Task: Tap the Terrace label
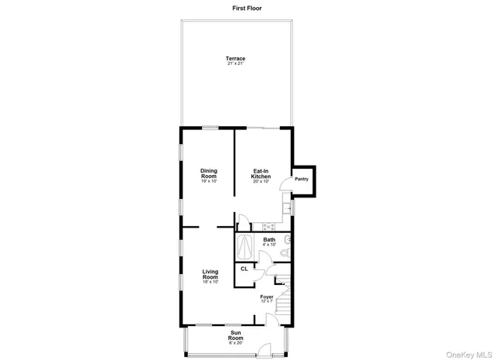[x=235, y=59]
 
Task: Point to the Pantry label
[x=302, y=179]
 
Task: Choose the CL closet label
[x=244, y=269]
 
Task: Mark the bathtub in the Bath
[x=245, y=246]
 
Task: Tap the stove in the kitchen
[x=269, y=227]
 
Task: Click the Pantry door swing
[x=285, y=182]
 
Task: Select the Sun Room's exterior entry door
[x=265, y=350]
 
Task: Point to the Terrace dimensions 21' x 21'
[x=235, y=63]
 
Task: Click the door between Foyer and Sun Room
[x=268, y=319]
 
